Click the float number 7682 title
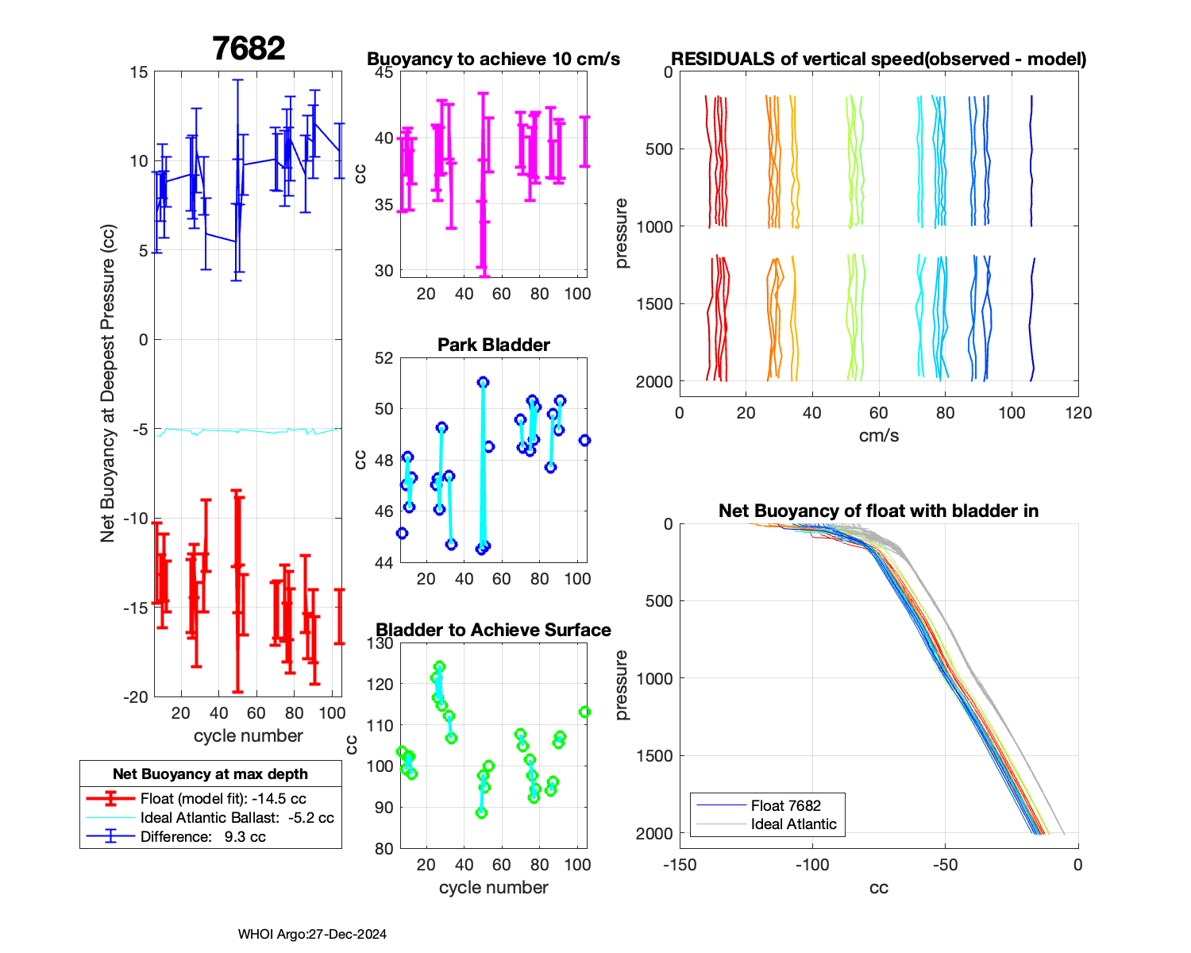point(249,48)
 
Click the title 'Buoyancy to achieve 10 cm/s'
point(493,60)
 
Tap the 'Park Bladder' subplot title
point(494,345)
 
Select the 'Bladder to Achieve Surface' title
point(493,630)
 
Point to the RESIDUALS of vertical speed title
point(879,59)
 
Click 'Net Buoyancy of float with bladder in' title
point(879,511)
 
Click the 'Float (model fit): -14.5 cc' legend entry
point(223,799)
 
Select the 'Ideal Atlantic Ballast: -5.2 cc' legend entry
point(237,818)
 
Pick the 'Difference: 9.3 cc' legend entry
point(202,837)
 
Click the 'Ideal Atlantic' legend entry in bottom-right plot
point(793,824)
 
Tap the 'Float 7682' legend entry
point(785,805)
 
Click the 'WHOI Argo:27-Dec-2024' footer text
point(312,934)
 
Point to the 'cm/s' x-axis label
point(879,435)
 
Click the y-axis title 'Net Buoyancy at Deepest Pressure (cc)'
point(108,384)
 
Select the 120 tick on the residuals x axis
point(1078,413)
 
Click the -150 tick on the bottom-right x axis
point(680,865)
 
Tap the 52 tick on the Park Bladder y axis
point(384,358)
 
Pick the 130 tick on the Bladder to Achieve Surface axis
point(380,643)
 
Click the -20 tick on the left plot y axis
point(135,697)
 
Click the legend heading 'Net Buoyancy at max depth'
point(210,774)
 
